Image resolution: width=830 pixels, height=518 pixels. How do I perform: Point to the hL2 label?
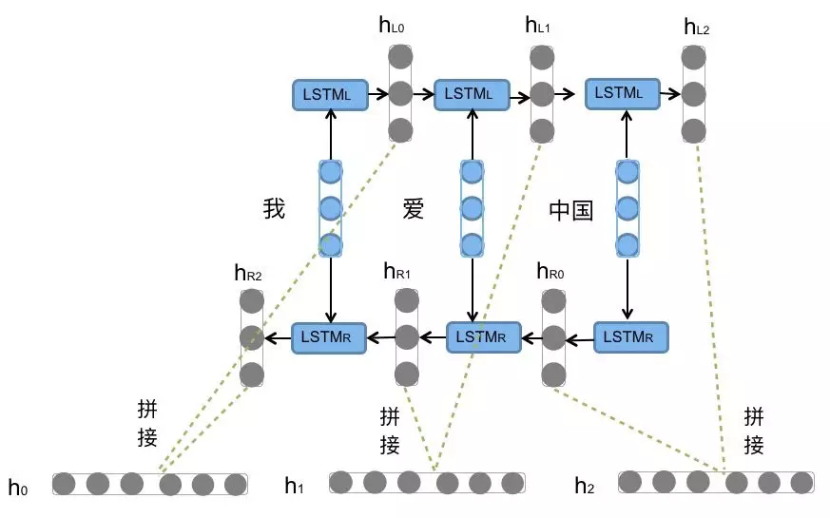point(697,26)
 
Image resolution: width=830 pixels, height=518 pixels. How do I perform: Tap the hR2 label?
point(248,274)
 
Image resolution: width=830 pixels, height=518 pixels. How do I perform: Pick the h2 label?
point(584,486)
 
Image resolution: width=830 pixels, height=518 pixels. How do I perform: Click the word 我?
point(274,208)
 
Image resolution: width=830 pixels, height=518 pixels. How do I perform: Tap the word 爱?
point(414,208)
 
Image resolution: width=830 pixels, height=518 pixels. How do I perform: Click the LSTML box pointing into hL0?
point(330,93)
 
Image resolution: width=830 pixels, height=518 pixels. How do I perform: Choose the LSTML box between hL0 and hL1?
point(471,93)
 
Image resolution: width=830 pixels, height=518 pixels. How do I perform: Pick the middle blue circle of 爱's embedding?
point(472,208)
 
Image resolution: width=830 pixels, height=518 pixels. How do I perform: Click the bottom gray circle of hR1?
point(406,372)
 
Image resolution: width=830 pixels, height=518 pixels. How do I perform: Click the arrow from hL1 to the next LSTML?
point(567,94)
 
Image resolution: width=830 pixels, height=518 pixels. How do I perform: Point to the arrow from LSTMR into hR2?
point(277,336)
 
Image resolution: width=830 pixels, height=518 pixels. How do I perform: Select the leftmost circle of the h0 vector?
point(65,484)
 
